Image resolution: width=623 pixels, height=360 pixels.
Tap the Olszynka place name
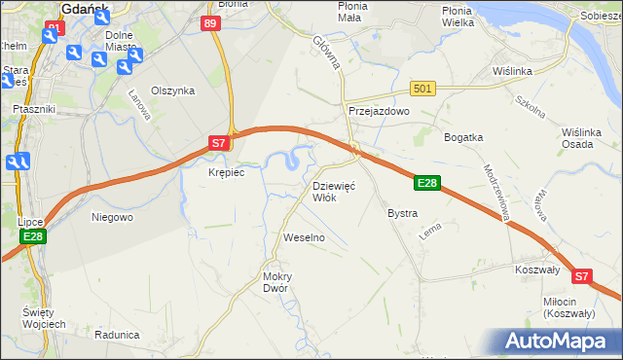[x=173, y=90]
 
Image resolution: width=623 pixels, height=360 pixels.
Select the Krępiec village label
[x=226, y=172]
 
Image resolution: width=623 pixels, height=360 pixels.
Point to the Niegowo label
[x=111, y=217]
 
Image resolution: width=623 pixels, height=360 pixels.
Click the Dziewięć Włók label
[x=334, y=191]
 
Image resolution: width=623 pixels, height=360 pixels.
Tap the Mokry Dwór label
[x=277, y=282]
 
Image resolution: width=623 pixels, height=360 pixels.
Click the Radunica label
[x=117, y=334]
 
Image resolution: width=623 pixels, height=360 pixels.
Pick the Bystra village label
[x=402, y=213]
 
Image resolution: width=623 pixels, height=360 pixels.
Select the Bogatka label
[x=463, y=137]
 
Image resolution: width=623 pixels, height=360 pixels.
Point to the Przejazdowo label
[x=380, y=112]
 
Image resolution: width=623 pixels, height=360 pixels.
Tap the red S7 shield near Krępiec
[x=220, y=143]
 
